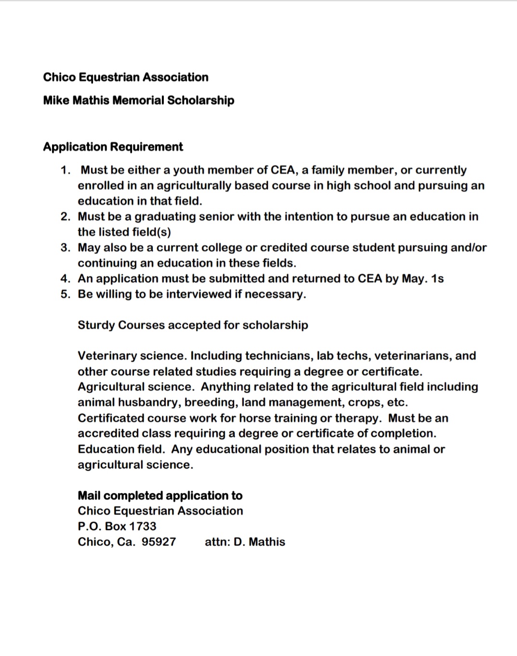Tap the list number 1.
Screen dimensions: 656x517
[x=65, y=170]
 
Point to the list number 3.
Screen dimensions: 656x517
[x=66, y=248]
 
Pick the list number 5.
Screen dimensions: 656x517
[x=66, y=294]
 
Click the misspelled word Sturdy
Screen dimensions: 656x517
[x=96, y=325]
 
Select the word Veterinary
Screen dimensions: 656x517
[x=107, y=356]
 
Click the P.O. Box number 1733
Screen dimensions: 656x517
[x=143, y=526]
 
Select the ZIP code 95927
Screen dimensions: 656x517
[x=159, y=542]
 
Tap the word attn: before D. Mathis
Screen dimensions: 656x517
[x=217, y=542]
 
